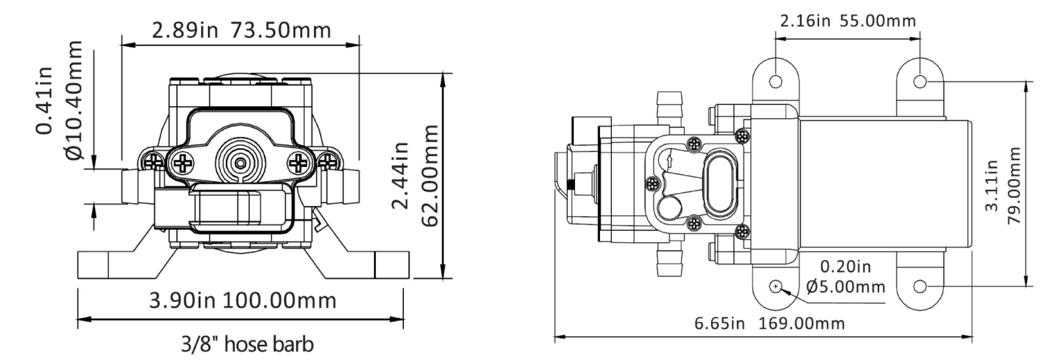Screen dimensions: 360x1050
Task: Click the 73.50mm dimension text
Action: click(x=281, y=30)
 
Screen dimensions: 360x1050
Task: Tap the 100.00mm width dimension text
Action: click(x=279, y=300)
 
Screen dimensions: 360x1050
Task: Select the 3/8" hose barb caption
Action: click(x=247, y=345)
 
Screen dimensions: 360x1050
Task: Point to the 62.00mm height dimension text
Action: click(x=430, y=175)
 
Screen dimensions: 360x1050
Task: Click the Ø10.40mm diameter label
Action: click(x=73, y=100)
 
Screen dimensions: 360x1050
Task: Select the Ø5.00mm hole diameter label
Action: click(x=845, y=286)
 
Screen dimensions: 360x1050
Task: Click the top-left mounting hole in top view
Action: click(x=776, y=81)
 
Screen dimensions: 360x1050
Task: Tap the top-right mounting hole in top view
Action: click(x=919, y=81)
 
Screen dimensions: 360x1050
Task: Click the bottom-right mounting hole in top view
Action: click(x=919, y=286)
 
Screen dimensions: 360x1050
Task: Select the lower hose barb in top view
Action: click(x=670, y=261)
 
